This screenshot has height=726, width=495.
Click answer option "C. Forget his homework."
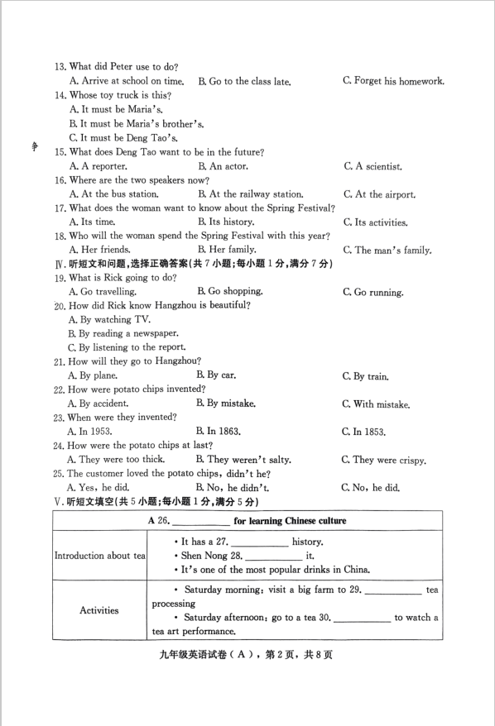click(393, 81)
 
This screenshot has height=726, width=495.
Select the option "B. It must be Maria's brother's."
click(137, 123)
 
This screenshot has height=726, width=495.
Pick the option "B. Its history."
click(226, 222)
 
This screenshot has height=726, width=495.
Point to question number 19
click(60, 278)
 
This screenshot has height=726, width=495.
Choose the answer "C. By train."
click(365, 376)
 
